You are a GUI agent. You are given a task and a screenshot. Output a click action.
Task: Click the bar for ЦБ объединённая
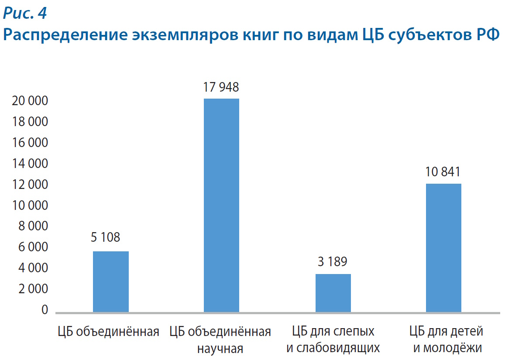pyautogui.click(x=111, y=281)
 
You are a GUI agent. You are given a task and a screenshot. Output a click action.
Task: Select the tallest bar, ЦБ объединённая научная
pyautogui.click(x=222, y=205)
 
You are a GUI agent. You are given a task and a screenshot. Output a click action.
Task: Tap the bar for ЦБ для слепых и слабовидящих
pyautogui.click(x=333, y=293)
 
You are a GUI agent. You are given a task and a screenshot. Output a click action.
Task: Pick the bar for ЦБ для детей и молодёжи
pyautogui.click(x=443, y=247)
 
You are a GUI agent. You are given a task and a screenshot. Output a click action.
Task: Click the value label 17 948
pyautogui.click(x=221, y=87)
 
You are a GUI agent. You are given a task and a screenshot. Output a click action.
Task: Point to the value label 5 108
pyautogui.click(x=105, y=237)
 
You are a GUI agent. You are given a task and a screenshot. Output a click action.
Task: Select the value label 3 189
pyautogui.click(x=332, y=262)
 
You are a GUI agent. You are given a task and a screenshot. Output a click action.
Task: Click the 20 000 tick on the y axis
pyautogui.click(x=30, y=101)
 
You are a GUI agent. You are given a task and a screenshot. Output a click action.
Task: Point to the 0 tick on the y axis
pyautogui.click(x=45, y=310)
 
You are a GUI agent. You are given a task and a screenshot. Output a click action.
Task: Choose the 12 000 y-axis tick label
pyautogui.click(x=30, y=185)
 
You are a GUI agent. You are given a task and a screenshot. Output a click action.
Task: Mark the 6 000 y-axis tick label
pyautogui.click(x=32, y=247)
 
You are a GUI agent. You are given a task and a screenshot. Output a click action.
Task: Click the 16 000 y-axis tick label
pyautogui.click(x=30, y=143)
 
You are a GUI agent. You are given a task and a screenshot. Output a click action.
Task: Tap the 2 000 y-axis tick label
pyautogui.click(x=32, y=289)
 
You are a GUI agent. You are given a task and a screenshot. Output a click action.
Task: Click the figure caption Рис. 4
pyautogui.click(x=24, y=14)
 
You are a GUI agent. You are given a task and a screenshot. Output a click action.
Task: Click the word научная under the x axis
pyautogui.click(x=220, y=349)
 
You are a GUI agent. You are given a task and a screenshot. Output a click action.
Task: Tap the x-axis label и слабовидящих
pyautogui.click(x=333, y=348)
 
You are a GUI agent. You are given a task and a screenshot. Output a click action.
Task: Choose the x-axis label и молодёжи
pyautogui.click(x=447, y=348)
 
